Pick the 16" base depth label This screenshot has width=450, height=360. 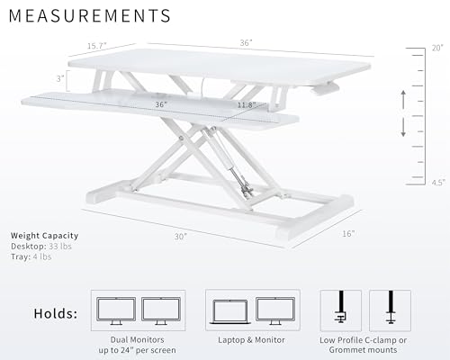(348, 233)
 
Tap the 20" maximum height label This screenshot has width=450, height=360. (436, 47)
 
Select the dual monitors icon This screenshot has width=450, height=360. (138, 311)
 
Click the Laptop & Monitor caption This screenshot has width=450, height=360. (251, 339)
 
